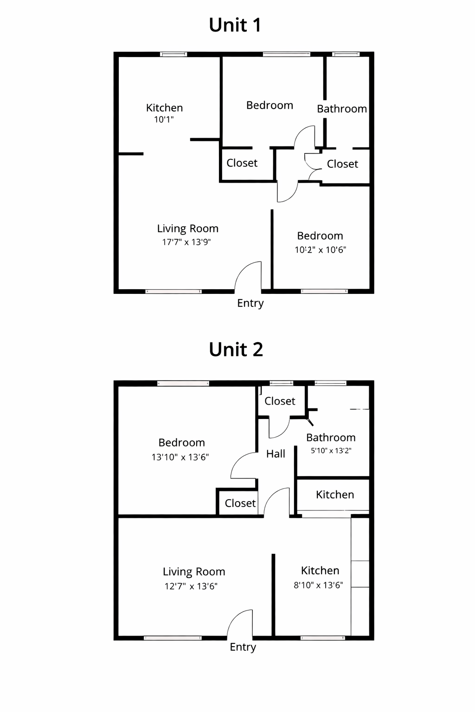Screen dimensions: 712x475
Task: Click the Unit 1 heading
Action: pyautogui.click(x=235, y=25)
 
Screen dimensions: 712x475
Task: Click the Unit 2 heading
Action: pyautogui.click(x=236, y=350)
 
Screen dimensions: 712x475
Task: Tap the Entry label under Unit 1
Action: pyautogui.click(x=250, y=303)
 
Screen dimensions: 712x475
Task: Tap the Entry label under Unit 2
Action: pyautogui.click(x=243, y=647)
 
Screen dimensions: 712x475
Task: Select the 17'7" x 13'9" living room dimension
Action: pyautogui.click(x=186, y=242)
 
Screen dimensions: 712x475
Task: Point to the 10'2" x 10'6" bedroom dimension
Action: pyautogui.click(x=320, y=250)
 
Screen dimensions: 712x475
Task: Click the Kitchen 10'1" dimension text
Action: pyautogui.click(x=164, y=120)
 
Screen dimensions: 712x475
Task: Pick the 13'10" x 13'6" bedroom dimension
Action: pyautogui.click(x=180, y=457)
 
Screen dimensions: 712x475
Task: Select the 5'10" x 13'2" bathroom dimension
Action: pyautogui.click(x=331, y=451)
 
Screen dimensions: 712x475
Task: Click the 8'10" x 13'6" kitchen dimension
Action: pyautogui.click(x=318, y=585)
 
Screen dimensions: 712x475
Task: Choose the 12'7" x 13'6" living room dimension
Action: pyautogui.click(x=191, y=586)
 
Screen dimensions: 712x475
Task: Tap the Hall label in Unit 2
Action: pyautogui.click(x=276, y=454)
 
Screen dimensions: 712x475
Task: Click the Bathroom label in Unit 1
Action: pyautogui.click(x=342, y=109)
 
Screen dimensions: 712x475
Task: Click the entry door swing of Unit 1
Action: pyautogui.click(x=247, y=276)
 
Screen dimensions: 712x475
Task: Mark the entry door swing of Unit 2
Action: pyautogui.click(x=239, y=623)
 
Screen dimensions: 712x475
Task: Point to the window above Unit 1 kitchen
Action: pyautogui.click(x=173, y=54)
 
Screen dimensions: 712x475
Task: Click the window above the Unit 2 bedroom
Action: pyautogui.click(x=183, y=383)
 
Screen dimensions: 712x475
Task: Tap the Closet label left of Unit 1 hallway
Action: pyautogui.click(x=242, y=163)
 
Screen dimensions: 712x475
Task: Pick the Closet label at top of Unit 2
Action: pyautogui.click(x=280, y=401)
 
